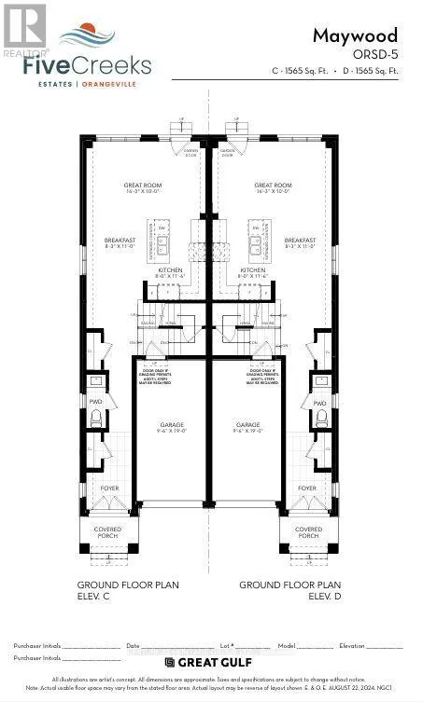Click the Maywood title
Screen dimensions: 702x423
pyautogui.click(x=367, y=35)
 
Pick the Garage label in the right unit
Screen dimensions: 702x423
pyautogui.click(x=248, y=424)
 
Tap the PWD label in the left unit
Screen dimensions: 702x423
pyautogui.click(x=95, y=402)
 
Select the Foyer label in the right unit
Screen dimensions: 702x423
pyautogui.click(x=307, y=488)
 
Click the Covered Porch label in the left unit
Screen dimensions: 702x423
pyautogui.click(x=107, y=532)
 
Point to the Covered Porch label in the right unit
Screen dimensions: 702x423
pyautogui.click(x=308, y=532)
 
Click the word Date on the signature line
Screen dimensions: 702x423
pyautogui.click(x=133, y=645)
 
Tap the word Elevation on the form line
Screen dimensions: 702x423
pyautogui.click(x=352, y=645)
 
